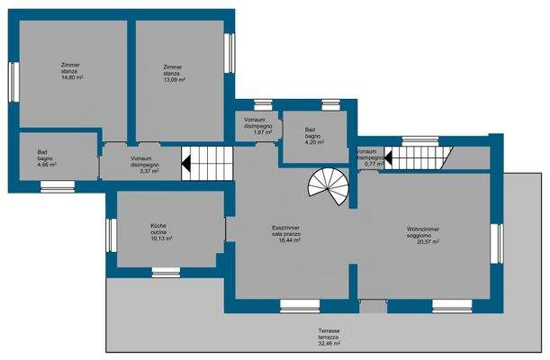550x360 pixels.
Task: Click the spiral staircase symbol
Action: tap(329, 186)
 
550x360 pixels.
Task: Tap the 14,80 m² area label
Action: tap(72, 77)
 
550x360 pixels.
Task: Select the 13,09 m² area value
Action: tap(175, 79)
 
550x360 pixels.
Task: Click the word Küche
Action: tap(158, 226)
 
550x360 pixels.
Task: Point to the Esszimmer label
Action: tap(285, 228)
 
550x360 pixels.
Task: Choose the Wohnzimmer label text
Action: tap(423, 229)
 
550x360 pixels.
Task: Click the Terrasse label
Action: tap(329, 330)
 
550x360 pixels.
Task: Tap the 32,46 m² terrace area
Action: tap(329, 344)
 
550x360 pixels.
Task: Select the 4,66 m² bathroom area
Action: tap(47, 165)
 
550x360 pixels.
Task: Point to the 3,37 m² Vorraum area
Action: tap(149, 171)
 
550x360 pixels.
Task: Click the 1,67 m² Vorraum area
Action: tap(263, 132)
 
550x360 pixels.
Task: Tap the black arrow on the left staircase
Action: tap(186, 163)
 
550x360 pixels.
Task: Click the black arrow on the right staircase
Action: tap(388, 157)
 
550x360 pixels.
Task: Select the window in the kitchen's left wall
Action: tap(112, 235)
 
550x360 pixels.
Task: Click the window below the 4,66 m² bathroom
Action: tap(58, 186)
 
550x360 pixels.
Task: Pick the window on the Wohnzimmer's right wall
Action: tap(497, 243)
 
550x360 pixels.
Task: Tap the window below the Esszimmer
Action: tap(300, 306)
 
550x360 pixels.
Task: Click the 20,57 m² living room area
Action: tap(428, 242)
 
